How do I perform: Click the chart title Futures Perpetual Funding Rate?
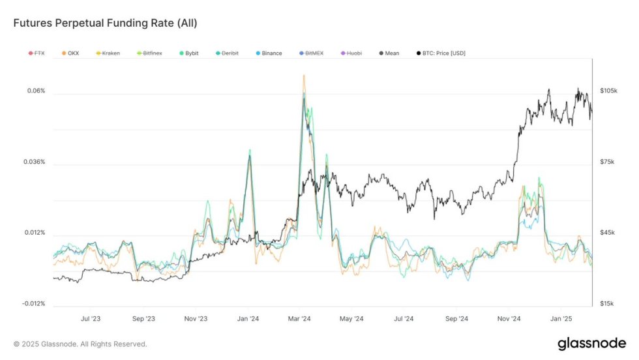[105, 23]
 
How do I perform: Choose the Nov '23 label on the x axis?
[195, 319]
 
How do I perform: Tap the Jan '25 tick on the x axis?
[561, 319]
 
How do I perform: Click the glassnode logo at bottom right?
[591, 344]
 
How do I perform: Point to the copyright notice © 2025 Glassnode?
[80, 344]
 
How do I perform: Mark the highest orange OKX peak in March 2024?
[303, 76]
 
